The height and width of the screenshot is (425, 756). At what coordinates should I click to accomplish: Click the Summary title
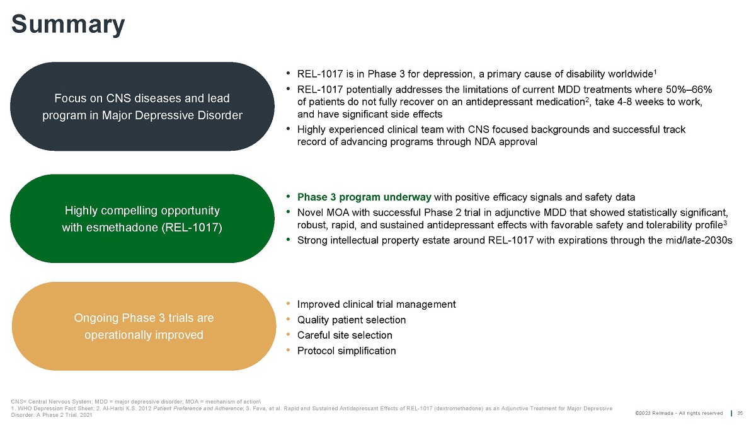tap(68, 25)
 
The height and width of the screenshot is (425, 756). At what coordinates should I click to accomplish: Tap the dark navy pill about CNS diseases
tap(142, 107)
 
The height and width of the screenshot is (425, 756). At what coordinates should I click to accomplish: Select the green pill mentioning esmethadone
tap(142, 218)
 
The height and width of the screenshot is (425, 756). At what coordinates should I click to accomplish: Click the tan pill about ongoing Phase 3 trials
tap(144, 326)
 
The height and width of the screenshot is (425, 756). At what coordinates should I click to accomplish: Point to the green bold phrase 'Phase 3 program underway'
tap(364, 196)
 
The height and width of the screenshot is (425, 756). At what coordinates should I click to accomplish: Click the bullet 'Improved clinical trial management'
tap(376, 304)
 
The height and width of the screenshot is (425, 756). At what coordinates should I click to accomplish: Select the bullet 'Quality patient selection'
tap(351, 320)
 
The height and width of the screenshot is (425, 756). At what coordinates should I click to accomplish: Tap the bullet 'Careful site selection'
tap(344, 335)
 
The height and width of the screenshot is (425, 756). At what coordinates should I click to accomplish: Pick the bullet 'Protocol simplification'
tap(346, 351)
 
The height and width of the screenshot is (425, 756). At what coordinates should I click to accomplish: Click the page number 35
tap(740, 413)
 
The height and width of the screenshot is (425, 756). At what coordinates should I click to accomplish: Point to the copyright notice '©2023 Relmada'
tap(679, 413)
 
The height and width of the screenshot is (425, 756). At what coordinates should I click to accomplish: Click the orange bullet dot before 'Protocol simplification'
tap(288, 350)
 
